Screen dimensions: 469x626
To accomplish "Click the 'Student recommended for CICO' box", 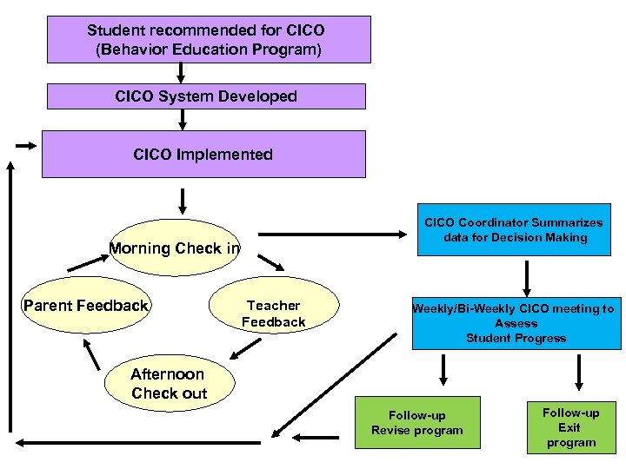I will (206, 39).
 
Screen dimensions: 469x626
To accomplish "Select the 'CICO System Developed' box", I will (206, 96).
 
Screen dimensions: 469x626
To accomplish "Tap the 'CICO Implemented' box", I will (203, 155).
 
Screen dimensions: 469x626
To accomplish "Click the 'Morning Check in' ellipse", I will (175, 248).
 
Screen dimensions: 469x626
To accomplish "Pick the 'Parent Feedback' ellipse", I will (86, 306).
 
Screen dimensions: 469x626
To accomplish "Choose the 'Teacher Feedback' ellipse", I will (274, 314).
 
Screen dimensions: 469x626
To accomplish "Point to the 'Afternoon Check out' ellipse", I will (169, 384).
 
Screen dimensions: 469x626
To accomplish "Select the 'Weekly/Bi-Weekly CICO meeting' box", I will (516, 323).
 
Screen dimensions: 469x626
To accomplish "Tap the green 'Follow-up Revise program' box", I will (417, 423).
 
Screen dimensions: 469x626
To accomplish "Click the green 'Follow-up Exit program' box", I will (571, 427).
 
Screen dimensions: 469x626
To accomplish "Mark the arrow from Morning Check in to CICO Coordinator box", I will (336, 233).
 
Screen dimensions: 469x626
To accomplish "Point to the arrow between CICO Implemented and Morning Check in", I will (183, 201).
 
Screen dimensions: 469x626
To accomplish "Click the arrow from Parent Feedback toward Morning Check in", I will (85, 258).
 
